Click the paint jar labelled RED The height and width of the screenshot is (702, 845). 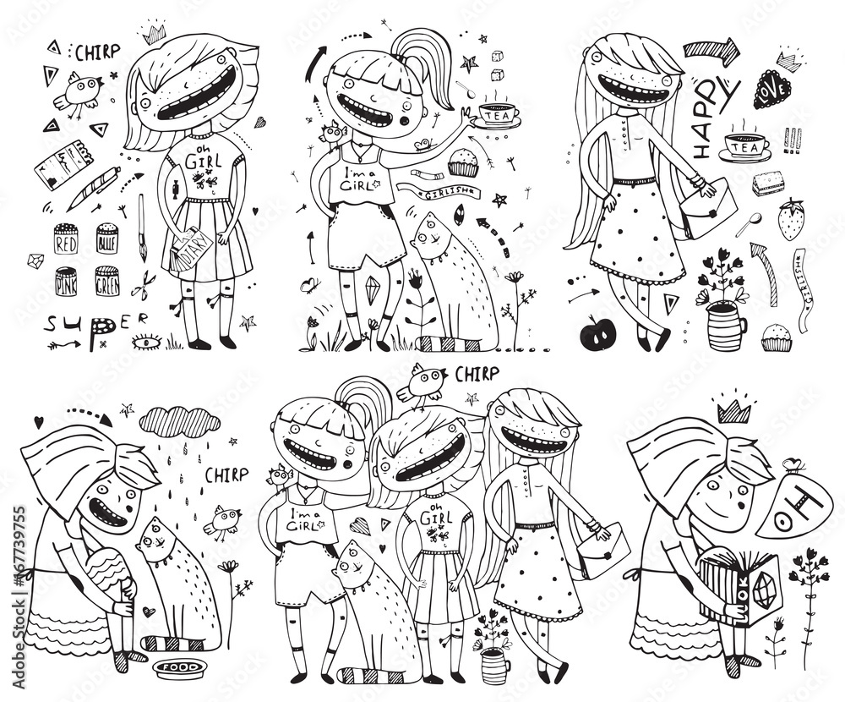pos(66,240)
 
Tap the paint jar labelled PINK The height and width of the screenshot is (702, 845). pos(66,280)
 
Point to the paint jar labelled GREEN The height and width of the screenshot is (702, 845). pos(107,280)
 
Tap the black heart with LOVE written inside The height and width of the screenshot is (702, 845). pos(771,90)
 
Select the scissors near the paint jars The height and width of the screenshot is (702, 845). pos(144,280)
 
